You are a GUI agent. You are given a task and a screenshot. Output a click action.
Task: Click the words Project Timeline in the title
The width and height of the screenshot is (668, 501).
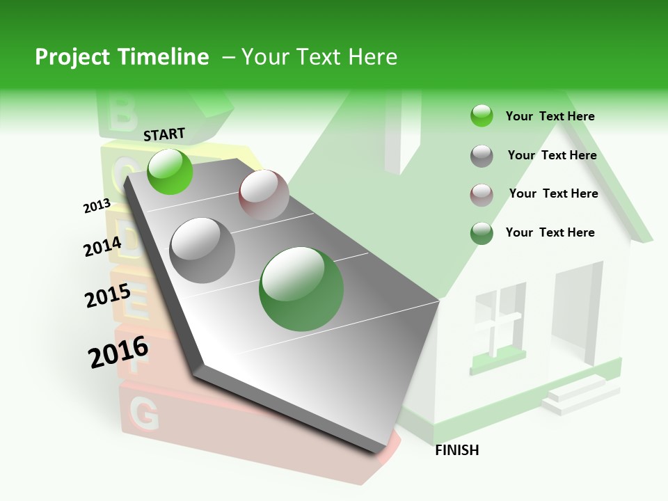point(122,57)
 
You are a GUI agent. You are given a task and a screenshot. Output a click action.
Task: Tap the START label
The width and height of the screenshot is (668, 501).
point(164,134)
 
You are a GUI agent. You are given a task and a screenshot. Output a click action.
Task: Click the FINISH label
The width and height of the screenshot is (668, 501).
point(456,450)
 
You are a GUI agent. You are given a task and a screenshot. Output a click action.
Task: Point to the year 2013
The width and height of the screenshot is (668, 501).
point(97,206)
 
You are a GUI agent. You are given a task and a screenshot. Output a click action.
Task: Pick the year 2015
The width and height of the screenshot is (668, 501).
point(108,296)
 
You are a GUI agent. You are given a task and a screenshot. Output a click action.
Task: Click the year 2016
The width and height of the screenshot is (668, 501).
point(118,352)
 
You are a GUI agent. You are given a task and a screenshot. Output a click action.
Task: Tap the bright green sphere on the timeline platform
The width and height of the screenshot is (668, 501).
point(170,171)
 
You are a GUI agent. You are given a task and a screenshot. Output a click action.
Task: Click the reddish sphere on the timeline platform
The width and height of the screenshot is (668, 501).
point(264,194)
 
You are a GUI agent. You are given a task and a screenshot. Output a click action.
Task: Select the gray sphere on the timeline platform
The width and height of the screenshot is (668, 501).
point(202,250)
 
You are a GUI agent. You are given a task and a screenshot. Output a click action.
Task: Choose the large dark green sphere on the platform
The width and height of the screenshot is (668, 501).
point(301,289)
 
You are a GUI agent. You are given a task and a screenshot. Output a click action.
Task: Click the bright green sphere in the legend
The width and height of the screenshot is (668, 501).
point(482,116)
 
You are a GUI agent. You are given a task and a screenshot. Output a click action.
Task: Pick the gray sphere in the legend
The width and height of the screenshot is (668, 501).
point(482,156)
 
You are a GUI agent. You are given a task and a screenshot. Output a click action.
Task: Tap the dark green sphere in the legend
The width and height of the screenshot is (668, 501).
point(482,233)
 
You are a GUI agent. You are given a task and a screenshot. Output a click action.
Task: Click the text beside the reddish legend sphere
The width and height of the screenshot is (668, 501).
point(553,193)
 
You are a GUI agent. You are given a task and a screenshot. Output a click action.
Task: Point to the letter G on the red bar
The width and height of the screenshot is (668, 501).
point(144,415)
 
